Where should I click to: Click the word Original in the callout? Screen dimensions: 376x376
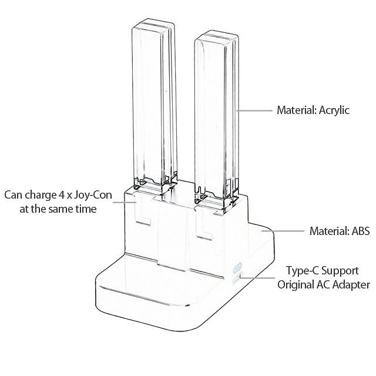click(x=296, y=285)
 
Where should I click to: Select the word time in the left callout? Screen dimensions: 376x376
click(x=85, y=209)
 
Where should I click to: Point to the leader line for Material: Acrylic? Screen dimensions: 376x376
click(x=255, y=110)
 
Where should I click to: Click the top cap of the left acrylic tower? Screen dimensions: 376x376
click(x=154, y=26)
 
